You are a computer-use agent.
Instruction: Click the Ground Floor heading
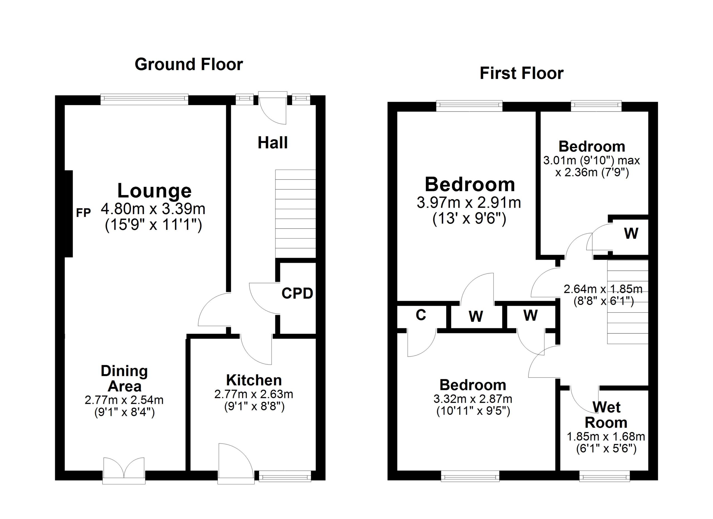pyautogui.click(x=189, y=64)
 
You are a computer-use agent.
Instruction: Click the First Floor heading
pyautogui.click(x=521, y=73)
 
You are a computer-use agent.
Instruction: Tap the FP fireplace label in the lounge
pyautogui.click(x=83, y=213)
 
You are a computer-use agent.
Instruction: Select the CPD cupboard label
pyautogui.click(x=297, y=294)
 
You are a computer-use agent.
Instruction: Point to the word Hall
pyautogui.click(x=273, y=143)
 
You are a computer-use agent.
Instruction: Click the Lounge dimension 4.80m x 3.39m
pyautogui.click(x=153, y=209)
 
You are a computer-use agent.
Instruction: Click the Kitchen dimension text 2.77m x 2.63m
pyautogui.click(x=253, y=394)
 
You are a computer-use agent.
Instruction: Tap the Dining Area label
pyautogui.click(x=124, y=379)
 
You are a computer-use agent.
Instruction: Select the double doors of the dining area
pyautogui.click(x=124, y=470)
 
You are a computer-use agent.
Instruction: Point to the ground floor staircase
pyautogui.click(x=295, y=214)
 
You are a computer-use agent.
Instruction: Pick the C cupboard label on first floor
pyautogui.click(x=421, y=315)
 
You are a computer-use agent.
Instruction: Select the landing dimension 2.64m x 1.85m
pyautogui.click(x=603, y=289)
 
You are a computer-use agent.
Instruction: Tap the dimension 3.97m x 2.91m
pyautogui.click(x=469, y=203)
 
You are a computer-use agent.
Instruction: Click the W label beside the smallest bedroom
pyautogui.click(x=631, y=233)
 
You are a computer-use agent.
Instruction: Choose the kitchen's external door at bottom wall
pyautogui.click(x=236, y=464)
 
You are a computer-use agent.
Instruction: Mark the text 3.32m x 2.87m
pyautogui.click(x=473, y=399)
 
